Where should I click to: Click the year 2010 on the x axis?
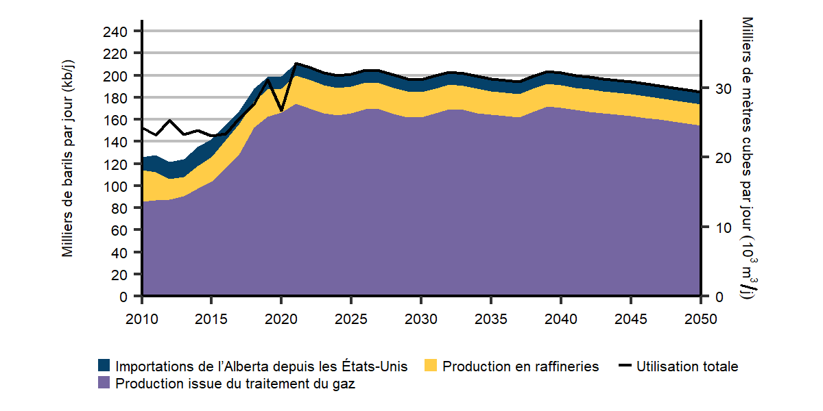click(x=142, y=319)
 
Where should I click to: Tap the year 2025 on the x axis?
click(x=351, y=319)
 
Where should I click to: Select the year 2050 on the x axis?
click(x=700, y=319)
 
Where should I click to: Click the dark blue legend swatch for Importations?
click(x=104, y=366)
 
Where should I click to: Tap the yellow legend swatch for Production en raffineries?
click(x=431, y=366)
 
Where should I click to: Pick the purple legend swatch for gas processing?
click(x=104, y=384)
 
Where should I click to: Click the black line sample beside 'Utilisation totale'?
click(x=624, y=366)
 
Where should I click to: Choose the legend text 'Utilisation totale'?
click(x=687, y=366)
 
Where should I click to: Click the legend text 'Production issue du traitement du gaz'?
click(x=235, y=384)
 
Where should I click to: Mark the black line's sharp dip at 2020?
click(x=281, y=110)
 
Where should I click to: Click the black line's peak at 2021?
click(x=296, y=64)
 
